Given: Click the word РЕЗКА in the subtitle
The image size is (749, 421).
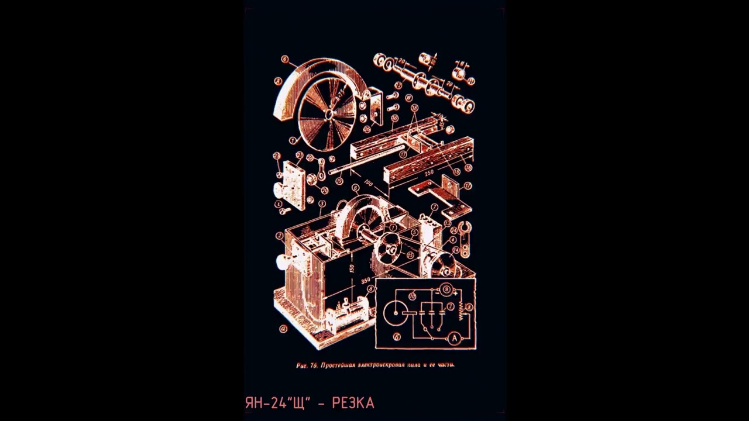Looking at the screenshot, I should coord(353,403).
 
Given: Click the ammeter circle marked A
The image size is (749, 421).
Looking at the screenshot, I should coord(454,338).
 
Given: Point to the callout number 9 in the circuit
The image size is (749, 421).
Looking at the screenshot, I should coord(446,288).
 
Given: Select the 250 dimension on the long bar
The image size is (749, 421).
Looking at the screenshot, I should coord(429,173).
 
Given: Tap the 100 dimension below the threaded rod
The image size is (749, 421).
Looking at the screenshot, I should coord(368,184).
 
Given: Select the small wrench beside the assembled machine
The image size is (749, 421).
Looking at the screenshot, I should coord(465,240).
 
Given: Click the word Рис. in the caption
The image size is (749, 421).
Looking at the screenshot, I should coord(302,365).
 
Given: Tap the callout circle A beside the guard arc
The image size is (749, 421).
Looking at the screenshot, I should coord(279,81).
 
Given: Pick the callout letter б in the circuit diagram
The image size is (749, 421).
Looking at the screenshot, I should coord(397,336).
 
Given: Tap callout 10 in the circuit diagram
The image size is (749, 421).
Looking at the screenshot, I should coord(412,296).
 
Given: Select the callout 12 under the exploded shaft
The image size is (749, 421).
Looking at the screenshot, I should coord(398,85).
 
